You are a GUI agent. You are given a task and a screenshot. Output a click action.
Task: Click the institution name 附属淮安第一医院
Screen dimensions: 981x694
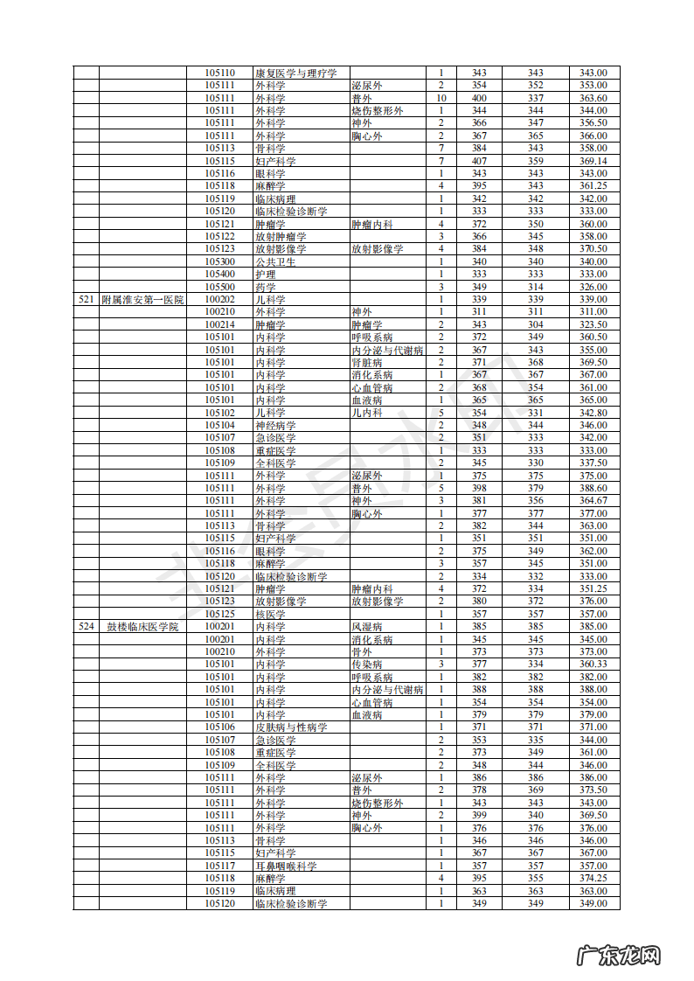142,300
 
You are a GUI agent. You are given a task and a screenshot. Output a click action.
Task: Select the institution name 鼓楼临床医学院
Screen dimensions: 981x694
142,627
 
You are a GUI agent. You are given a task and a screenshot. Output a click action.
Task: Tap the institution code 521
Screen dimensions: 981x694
86,300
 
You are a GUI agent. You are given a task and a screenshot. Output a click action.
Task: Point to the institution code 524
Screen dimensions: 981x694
86,627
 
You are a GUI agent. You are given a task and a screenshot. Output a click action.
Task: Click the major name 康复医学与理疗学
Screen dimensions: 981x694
295,73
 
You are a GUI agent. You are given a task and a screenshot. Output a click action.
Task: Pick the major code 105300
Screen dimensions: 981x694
219,262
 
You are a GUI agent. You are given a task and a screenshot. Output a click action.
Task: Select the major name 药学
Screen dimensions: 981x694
266,288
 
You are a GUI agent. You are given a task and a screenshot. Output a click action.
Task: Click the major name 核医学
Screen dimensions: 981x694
270,615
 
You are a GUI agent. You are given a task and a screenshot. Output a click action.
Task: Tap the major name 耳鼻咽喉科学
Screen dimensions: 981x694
286,866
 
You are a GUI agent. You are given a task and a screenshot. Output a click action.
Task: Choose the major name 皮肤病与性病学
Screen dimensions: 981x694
291,727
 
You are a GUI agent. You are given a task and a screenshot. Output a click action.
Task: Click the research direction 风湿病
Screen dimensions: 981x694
366,627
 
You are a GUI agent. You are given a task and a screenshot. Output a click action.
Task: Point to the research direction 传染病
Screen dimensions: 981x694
366,664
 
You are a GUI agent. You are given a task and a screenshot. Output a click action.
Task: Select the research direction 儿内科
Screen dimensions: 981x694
366,413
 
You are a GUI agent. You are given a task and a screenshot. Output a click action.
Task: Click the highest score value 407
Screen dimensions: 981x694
479,162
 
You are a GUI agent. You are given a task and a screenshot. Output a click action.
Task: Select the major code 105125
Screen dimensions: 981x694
219,615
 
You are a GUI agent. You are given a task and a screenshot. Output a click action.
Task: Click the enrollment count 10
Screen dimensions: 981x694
441,99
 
